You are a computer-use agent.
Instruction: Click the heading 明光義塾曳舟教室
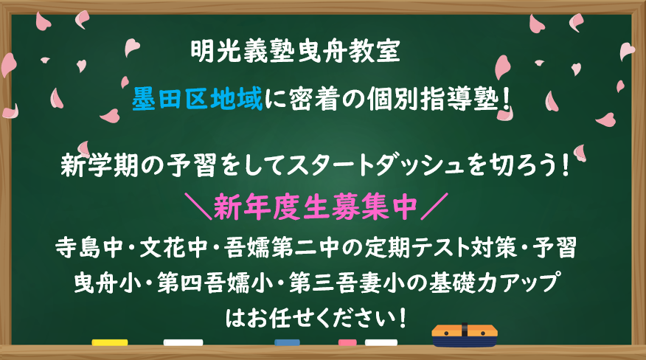pyautogui.click(x=296, y=51)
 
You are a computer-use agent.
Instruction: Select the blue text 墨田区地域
pyautogui.click(x=197, y=99)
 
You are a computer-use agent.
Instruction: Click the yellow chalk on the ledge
pyautogui.click(x=110, y=342)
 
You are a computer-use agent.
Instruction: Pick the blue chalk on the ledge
pyautogui.click(x=287, y=342)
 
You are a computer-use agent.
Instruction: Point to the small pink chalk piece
pyautogui.click(x=347, y=342)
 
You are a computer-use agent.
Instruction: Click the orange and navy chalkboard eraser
pyautogui.click(x=465, y=335)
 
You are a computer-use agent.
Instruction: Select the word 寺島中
pyautogui.click(x=89, y=248)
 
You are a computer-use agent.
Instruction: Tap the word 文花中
pyautogui.click(x=173, y=248)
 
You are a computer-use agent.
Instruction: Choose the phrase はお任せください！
pyautogui.click(x=316, y=317)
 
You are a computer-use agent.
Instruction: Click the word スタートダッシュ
pyautogui.click(x=376, y=165)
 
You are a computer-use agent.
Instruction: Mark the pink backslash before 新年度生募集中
pyautogui.click(x=198, y=206)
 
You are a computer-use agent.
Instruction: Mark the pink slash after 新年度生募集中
pyautogui.click(x=434, y=206)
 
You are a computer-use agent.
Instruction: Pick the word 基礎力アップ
pyautogui.click(x=493, y=283)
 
